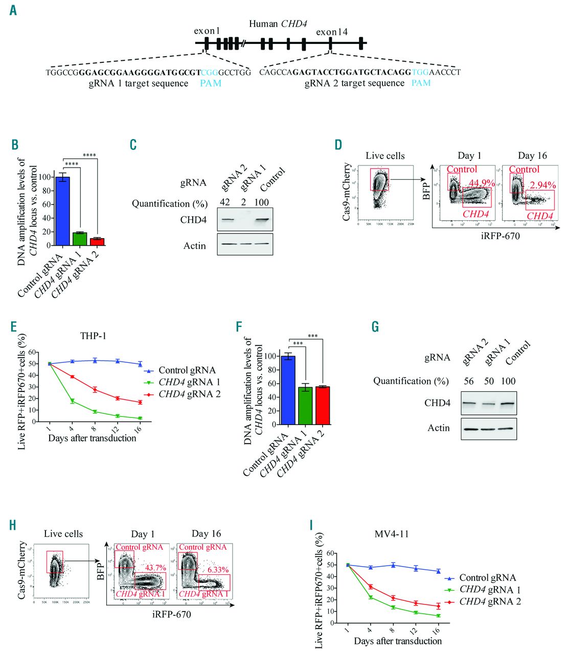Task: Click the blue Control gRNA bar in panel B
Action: click(x=63, y=211)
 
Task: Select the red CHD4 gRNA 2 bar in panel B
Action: click(x=97, y=242)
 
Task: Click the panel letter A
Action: click(x=13, y=10)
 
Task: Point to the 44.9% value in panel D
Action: click(x=482, y=183)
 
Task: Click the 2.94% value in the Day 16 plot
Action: click(x=542, y=185)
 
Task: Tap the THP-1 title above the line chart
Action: click(x=93, y=336)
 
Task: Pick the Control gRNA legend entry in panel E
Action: click(x=187, y=370)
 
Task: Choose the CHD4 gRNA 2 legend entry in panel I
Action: click(x=490, y=601)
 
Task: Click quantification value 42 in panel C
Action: click(x=224, y=203)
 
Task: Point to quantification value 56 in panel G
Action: click(x=468, y=381)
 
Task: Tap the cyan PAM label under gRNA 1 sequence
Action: click(x=211, y=83)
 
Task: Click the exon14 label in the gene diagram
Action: click(x=332, y=32)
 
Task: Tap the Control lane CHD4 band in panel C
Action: click(x=261, y=220)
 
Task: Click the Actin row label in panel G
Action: click(x=439, y=428)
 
